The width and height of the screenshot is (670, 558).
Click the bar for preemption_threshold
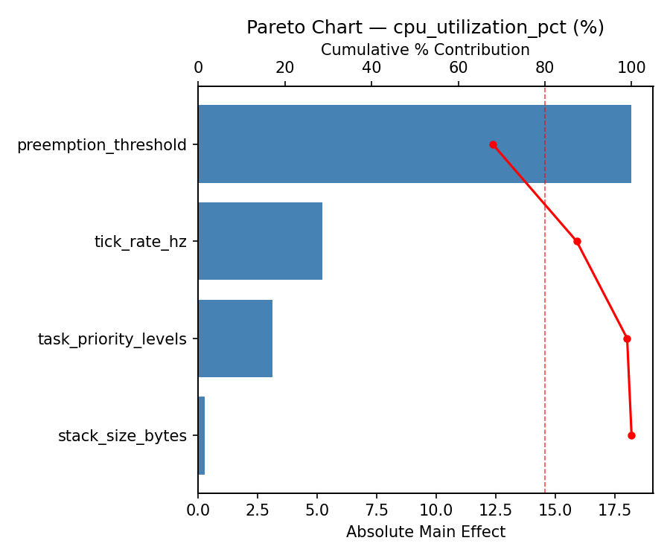point(414,144)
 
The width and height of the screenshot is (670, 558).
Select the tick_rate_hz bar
point(260,241)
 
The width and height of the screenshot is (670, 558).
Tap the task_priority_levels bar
point(235,339)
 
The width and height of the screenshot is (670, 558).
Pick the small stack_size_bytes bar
point(202,435)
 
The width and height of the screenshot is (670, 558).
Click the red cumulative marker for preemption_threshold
point(493,144)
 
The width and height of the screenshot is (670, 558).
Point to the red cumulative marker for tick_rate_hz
point(577,241)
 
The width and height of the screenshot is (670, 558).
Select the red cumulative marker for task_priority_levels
point(627,339)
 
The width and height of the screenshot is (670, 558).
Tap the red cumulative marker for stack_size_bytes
point(631,435)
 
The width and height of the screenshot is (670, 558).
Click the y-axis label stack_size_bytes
point(122,436)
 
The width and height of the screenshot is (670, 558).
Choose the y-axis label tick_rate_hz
point(140,242)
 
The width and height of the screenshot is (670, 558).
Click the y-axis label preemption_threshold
point(101,145)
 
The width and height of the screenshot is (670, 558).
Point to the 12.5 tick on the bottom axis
point(496,511)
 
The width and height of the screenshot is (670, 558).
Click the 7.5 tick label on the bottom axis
point(377,511)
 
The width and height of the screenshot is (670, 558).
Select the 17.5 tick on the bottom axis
point(615,511)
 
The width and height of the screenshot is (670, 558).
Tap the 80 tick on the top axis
point(545,68)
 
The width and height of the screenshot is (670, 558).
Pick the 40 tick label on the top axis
point(371,68)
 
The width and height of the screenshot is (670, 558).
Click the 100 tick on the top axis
point(631,68)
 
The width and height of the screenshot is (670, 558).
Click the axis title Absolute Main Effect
point(425,532)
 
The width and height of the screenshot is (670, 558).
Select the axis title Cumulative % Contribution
point(425,50)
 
